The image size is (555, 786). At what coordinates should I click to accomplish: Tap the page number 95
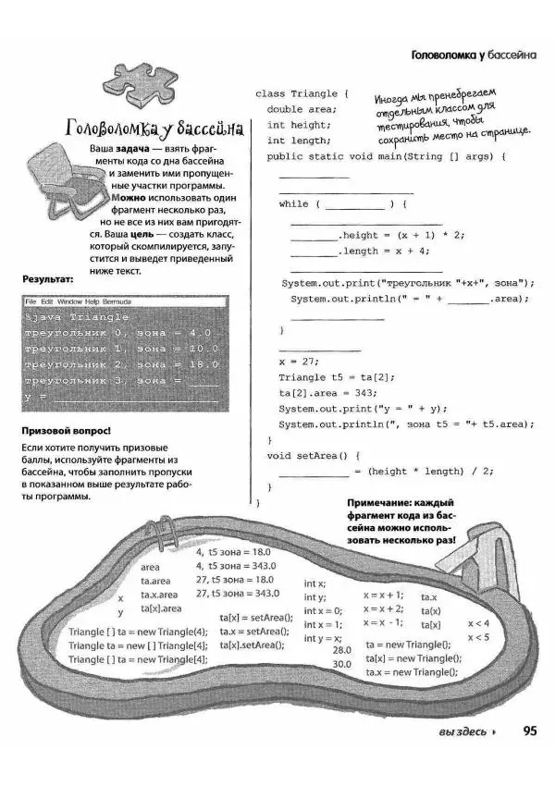530,731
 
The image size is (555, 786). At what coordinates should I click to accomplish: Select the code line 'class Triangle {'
302,93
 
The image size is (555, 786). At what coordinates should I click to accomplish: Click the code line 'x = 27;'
298,362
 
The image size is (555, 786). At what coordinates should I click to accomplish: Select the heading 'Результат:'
46,278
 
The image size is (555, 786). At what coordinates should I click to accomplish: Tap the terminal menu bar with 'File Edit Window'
78,302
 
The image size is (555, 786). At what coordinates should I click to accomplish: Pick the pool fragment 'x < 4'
478,623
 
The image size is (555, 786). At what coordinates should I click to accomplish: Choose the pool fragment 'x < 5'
478,637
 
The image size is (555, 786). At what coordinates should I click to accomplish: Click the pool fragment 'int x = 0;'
323,610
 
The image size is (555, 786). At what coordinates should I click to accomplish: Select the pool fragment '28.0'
341,650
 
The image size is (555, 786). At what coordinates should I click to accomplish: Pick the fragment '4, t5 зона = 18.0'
233,551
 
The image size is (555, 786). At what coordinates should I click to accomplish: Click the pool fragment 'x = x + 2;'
383,608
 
